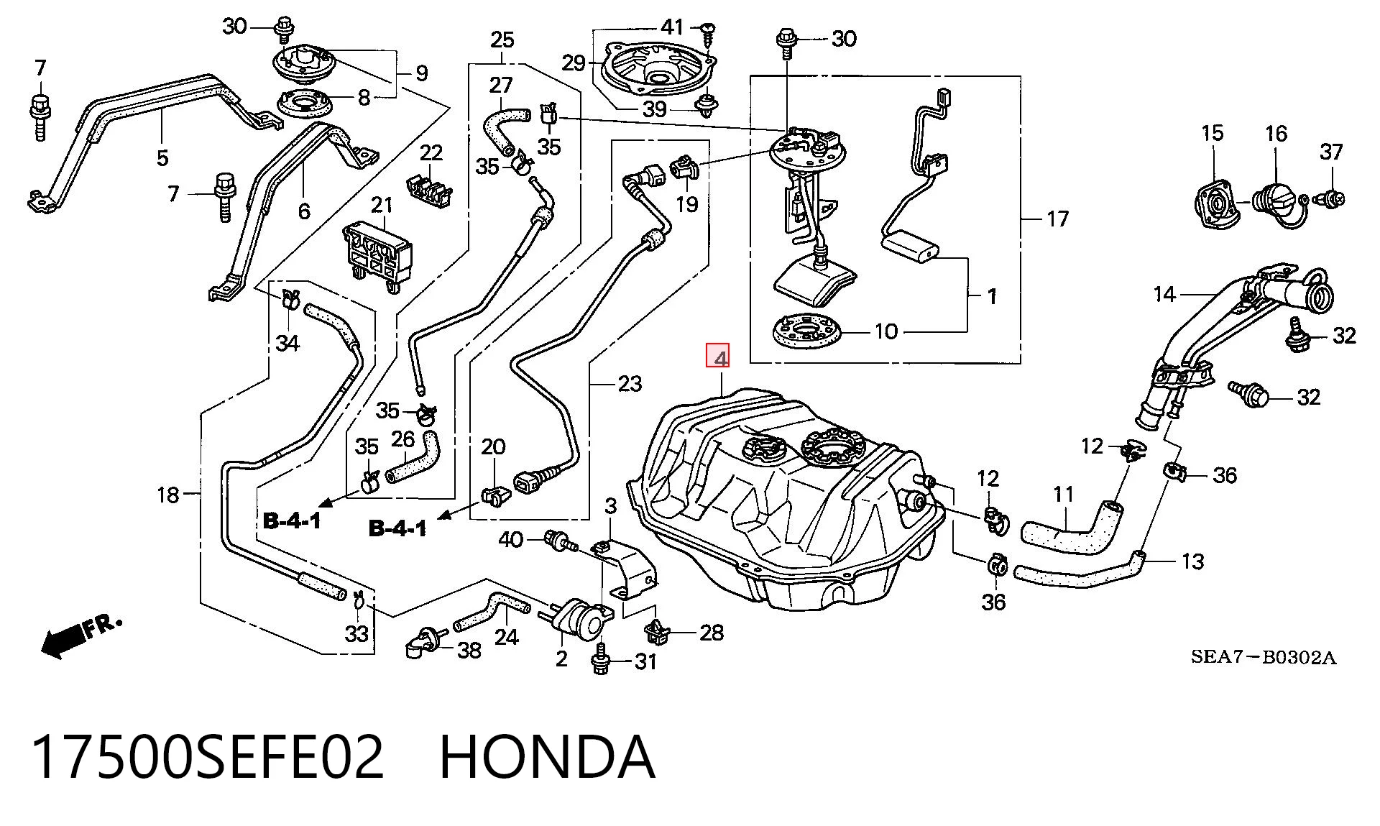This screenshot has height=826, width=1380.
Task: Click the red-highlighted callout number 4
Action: (719, 357)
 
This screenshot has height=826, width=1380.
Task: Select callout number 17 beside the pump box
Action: (1057, 219)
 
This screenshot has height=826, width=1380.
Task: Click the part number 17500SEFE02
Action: (208, 757)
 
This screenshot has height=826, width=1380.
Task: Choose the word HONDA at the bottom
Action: (547, 757)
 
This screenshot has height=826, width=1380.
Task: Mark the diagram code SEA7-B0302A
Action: (1264, 657)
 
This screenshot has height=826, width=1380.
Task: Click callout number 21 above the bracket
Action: (382, 205)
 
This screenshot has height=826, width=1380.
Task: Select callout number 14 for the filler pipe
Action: (1164, 294)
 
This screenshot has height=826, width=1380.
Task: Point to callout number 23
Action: (630, 384)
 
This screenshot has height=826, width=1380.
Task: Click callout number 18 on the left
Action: (168, 495)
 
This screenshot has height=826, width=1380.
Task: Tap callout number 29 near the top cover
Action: (574, 63)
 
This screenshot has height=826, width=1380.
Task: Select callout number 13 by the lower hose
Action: (1192, 561)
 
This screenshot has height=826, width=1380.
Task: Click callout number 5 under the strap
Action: (162, 157)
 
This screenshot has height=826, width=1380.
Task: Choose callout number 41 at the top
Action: (672, 27)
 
